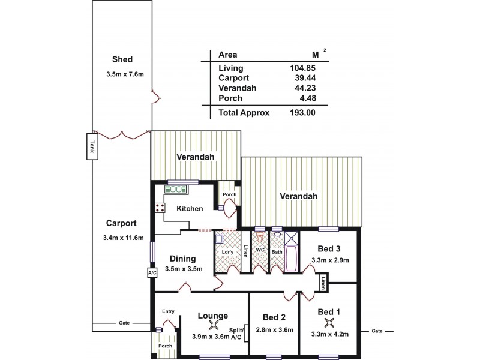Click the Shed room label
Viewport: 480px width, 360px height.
122,59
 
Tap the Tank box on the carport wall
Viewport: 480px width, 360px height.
92,147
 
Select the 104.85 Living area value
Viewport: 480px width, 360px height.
302,67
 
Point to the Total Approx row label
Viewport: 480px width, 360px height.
244,112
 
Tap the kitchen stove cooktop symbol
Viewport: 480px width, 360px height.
160,208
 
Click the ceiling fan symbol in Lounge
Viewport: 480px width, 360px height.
212,326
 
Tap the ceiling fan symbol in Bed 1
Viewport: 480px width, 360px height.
328,323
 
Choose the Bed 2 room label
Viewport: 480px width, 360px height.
274,317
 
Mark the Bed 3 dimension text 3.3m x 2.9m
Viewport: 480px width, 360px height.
331,260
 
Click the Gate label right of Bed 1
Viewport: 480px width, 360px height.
377,331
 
